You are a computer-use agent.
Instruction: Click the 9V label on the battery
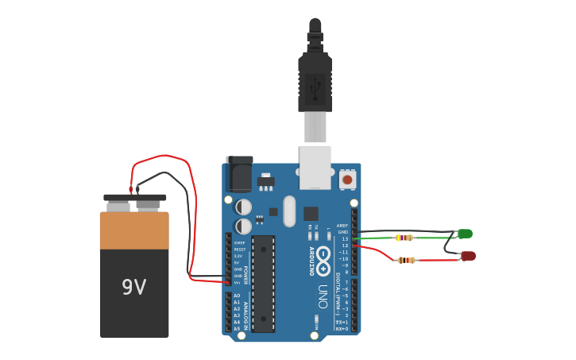(133, 287)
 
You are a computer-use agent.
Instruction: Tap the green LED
(466, 233)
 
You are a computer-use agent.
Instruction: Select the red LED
(469, 255)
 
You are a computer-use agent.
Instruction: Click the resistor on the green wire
(404, 238)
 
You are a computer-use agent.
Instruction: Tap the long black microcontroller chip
(263, 283)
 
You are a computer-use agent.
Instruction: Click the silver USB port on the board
(315, 167)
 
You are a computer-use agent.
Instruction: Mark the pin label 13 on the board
(345, 238)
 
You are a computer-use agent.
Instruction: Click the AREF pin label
(342, 225)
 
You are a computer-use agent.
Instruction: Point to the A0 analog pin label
(237, 296)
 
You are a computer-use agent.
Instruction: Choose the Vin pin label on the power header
(237, 282)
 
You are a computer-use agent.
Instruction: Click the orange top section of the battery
(134, 230)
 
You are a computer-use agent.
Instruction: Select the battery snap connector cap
(135, 197)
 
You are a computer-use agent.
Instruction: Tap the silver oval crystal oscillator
(288, 211)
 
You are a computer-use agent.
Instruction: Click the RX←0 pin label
(342, 328)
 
